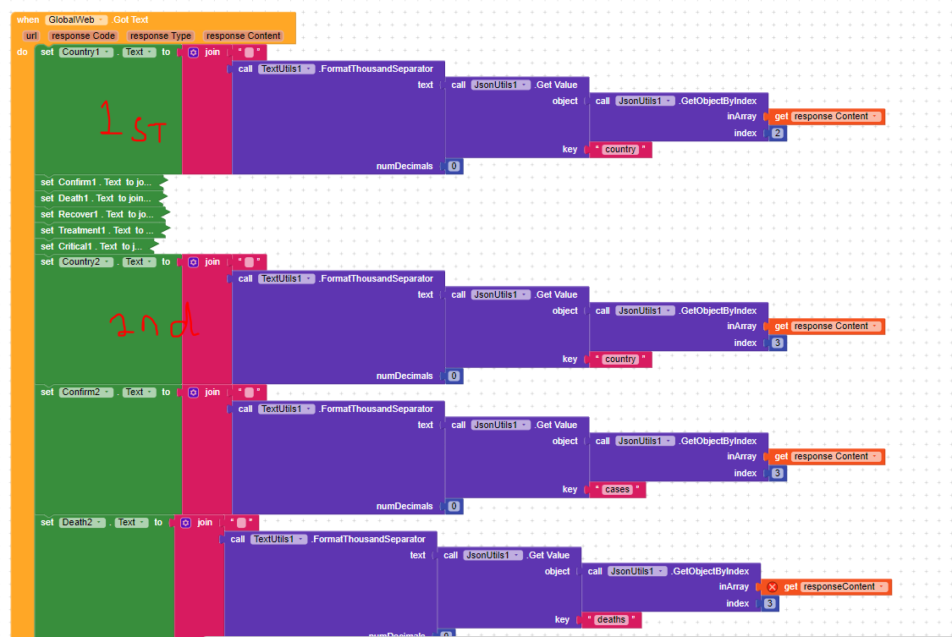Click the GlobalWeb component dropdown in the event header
pyautogui.click(x=77, y=19)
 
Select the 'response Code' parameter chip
pyautogui.click(x=83, y=36)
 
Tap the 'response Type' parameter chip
pyautogui.click(x=161, y=36)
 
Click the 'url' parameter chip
pyautogui.click(x=31, y=36)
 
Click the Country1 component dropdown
pyautogui.click(x=85, y=52)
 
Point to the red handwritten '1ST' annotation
pyautogui.click(x=132, y=121)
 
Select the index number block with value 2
pyautogui.click(x=777, y=133)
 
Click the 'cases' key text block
pyautogui.click(x=617, y=489)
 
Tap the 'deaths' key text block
pyautogui.click(x=611, y=619)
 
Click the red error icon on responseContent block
pyautogui.click(x=772, y=586)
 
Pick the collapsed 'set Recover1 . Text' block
pyautogui.click(x=97, y=214)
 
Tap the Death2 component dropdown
pyautogui.click(x=82, y=522)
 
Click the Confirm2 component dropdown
pyautogui.click(x=85, y=392)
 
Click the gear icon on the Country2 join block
pyautogui.click(x=193, y=262)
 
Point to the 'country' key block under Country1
pyautogui.click(x=620, y=150)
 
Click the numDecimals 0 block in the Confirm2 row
pyautogui.click(x=454, y=506)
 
